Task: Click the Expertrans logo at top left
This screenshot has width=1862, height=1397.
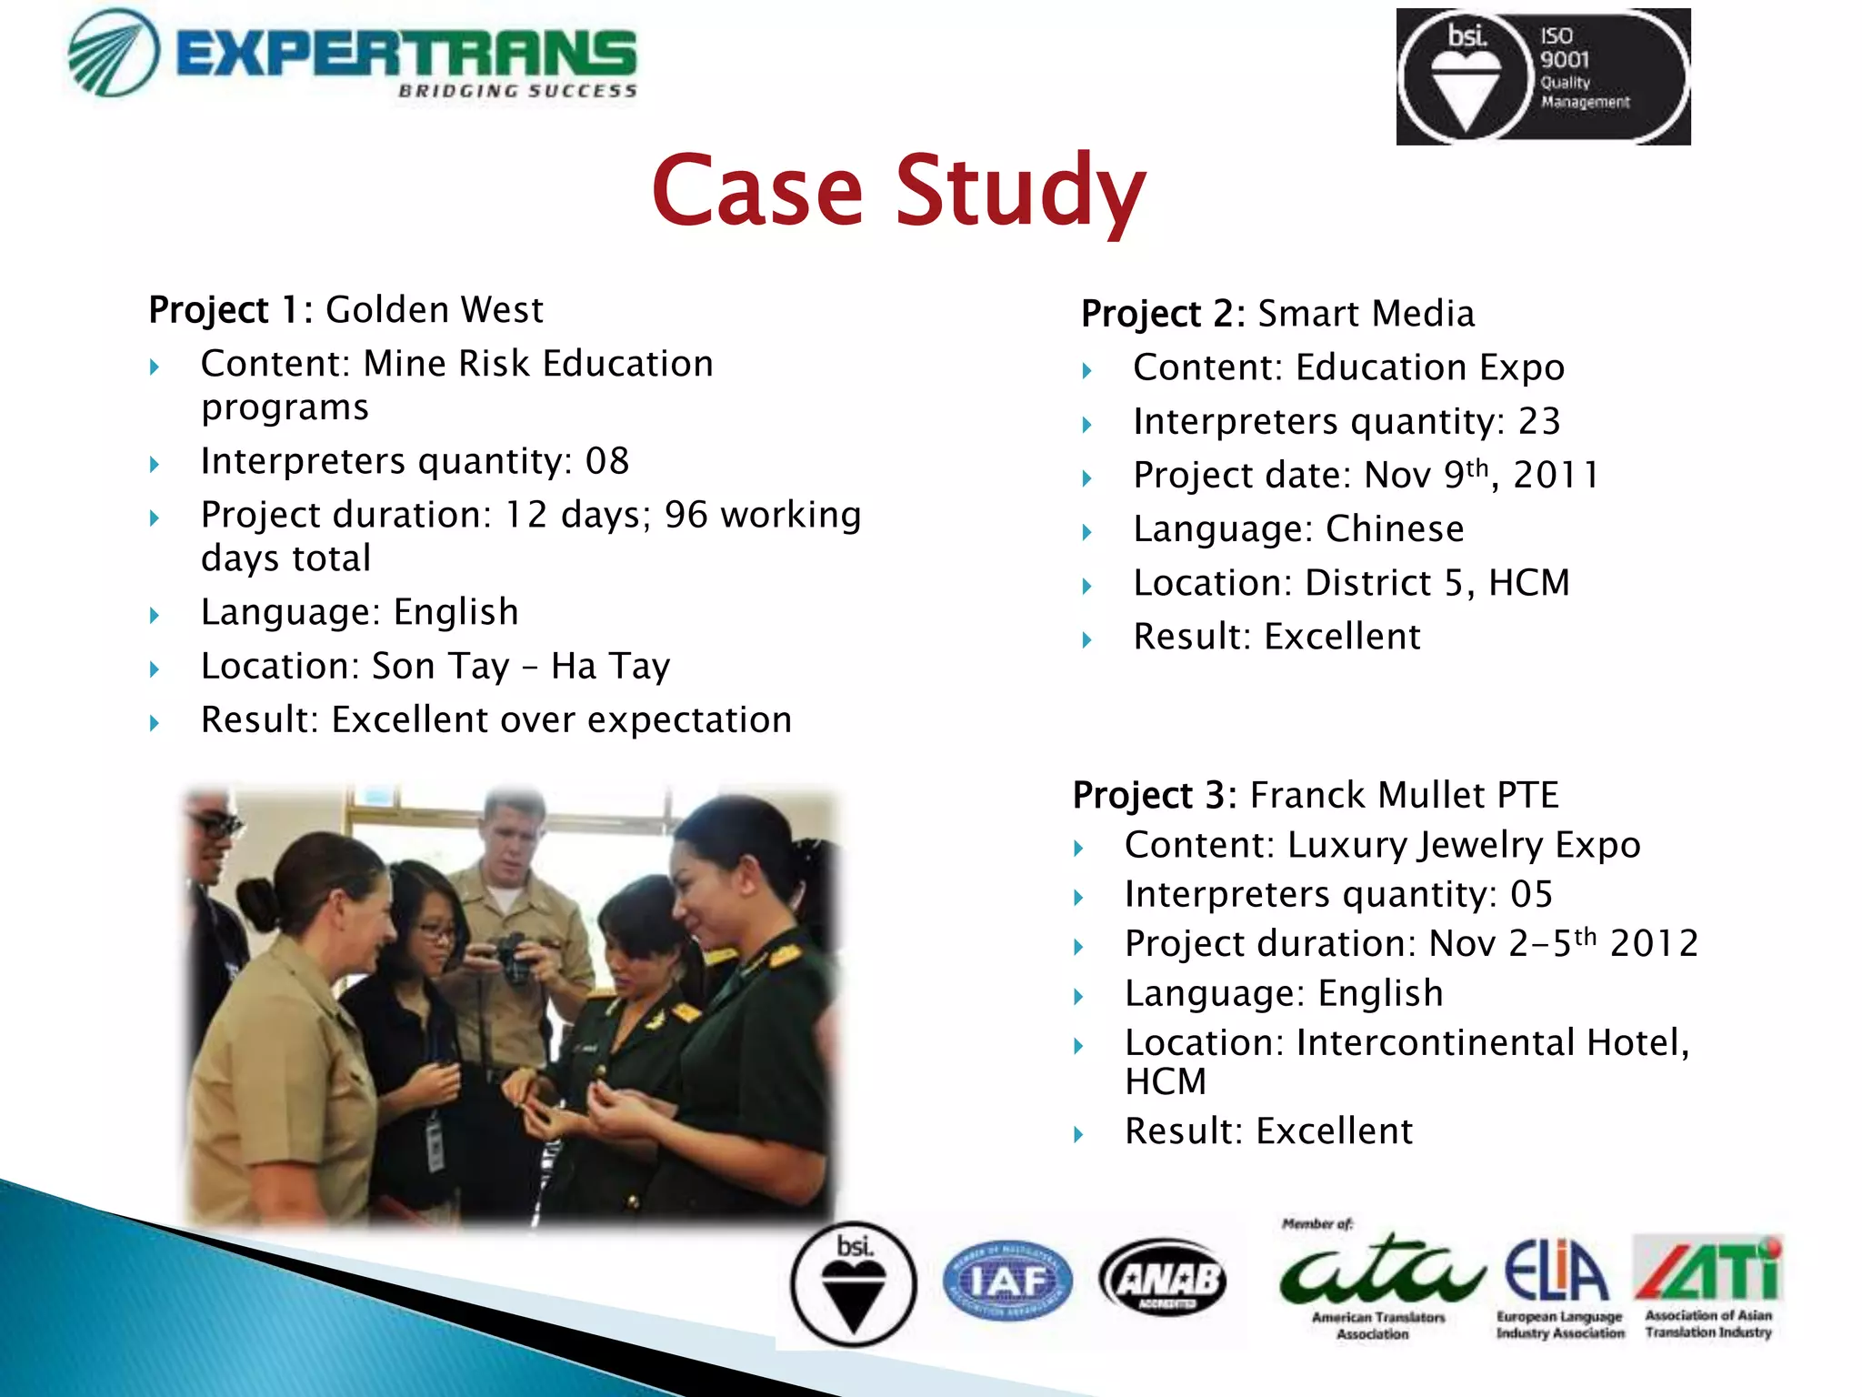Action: [353, 55]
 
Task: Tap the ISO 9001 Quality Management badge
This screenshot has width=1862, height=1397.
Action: [1543, 76]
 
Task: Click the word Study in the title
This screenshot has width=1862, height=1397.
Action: [1020, 191]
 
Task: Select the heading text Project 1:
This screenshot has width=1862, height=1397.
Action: [231, 310]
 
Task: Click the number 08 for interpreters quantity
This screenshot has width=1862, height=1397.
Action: [606, 461]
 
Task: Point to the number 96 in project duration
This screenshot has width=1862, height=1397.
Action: [686, 515]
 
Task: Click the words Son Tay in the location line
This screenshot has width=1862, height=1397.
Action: [440, 667]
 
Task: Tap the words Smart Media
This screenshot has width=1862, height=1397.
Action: [1365, 314]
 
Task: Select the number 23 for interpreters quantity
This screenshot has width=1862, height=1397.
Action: [1539, 422]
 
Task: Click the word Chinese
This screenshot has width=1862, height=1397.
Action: [1394, 529]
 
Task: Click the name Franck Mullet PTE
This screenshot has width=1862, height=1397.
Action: [1404, 795]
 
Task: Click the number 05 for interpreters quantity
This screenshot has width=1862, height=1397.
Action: [1531, 895]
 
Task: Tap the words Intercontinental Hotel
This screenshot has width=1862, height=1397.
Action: [1491, 1043]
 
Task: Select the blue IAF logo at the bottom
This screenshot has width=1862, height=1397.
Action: [1007, 1282]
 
